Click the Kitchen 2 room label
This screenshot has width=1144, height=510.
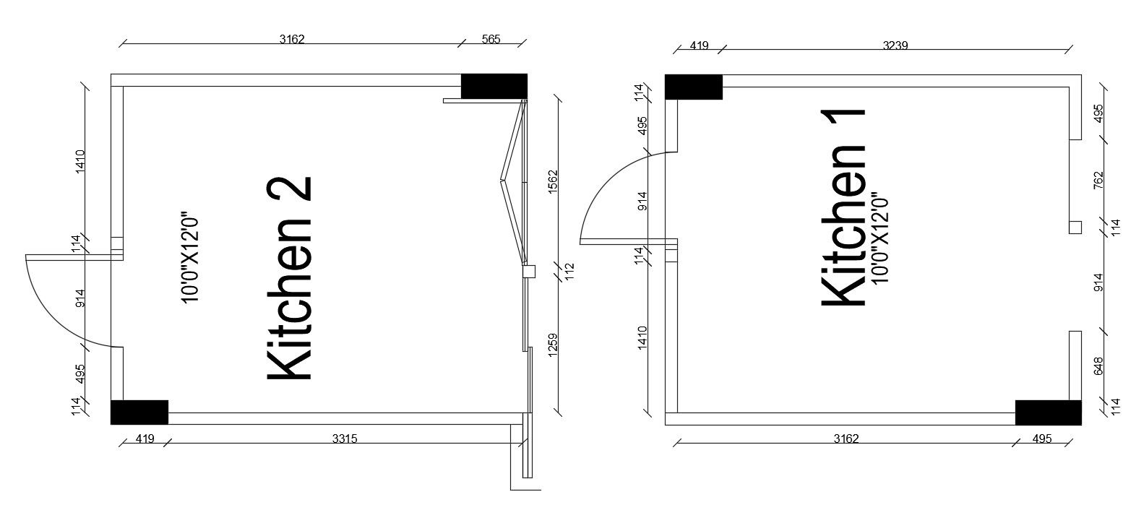coord(289,279)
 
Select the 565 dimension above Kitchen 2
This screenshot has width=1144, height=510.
coord(491,39)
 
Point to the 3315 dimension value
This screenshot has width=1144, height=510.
coord(345,438)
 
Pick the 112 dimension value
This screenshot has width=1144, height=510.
coord(570,271)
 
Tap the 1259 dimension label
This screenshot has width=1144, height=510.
coord(553,345)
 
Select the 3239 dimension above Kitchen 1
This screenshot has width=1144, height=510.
coord(895,46)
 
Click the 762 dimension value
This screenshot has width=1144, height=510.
coord(1098,180)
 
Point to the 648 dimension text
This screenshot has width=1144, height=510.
coord(1098,366)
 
